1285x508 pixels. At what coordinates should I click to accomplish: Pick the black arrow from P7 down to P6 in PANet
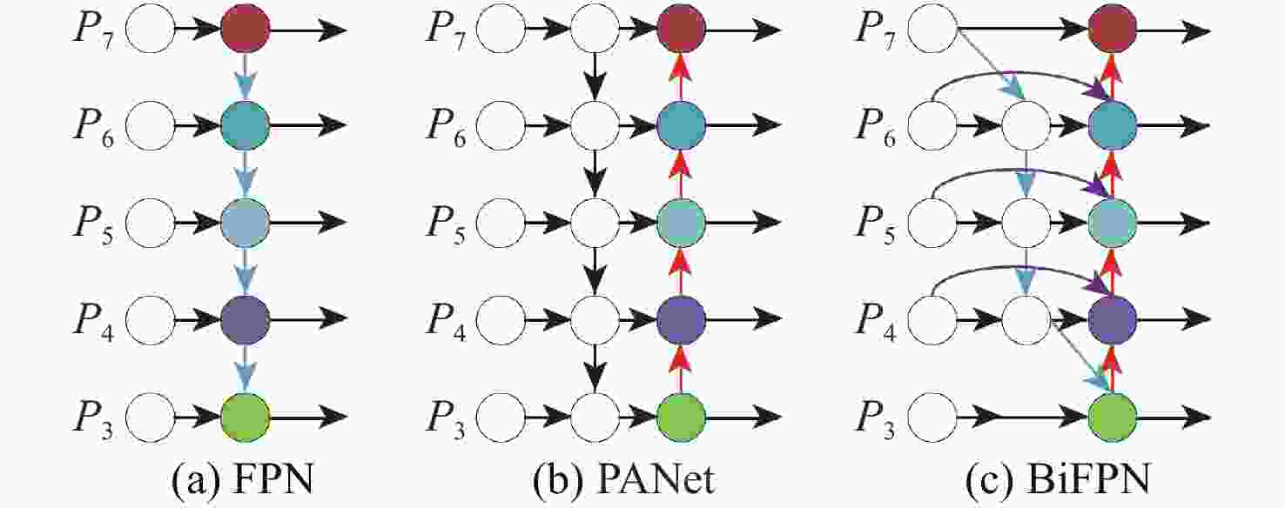pos(594,77)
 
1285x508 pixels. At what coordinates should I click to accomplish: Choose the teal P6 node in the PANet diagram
pos(681,127)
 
